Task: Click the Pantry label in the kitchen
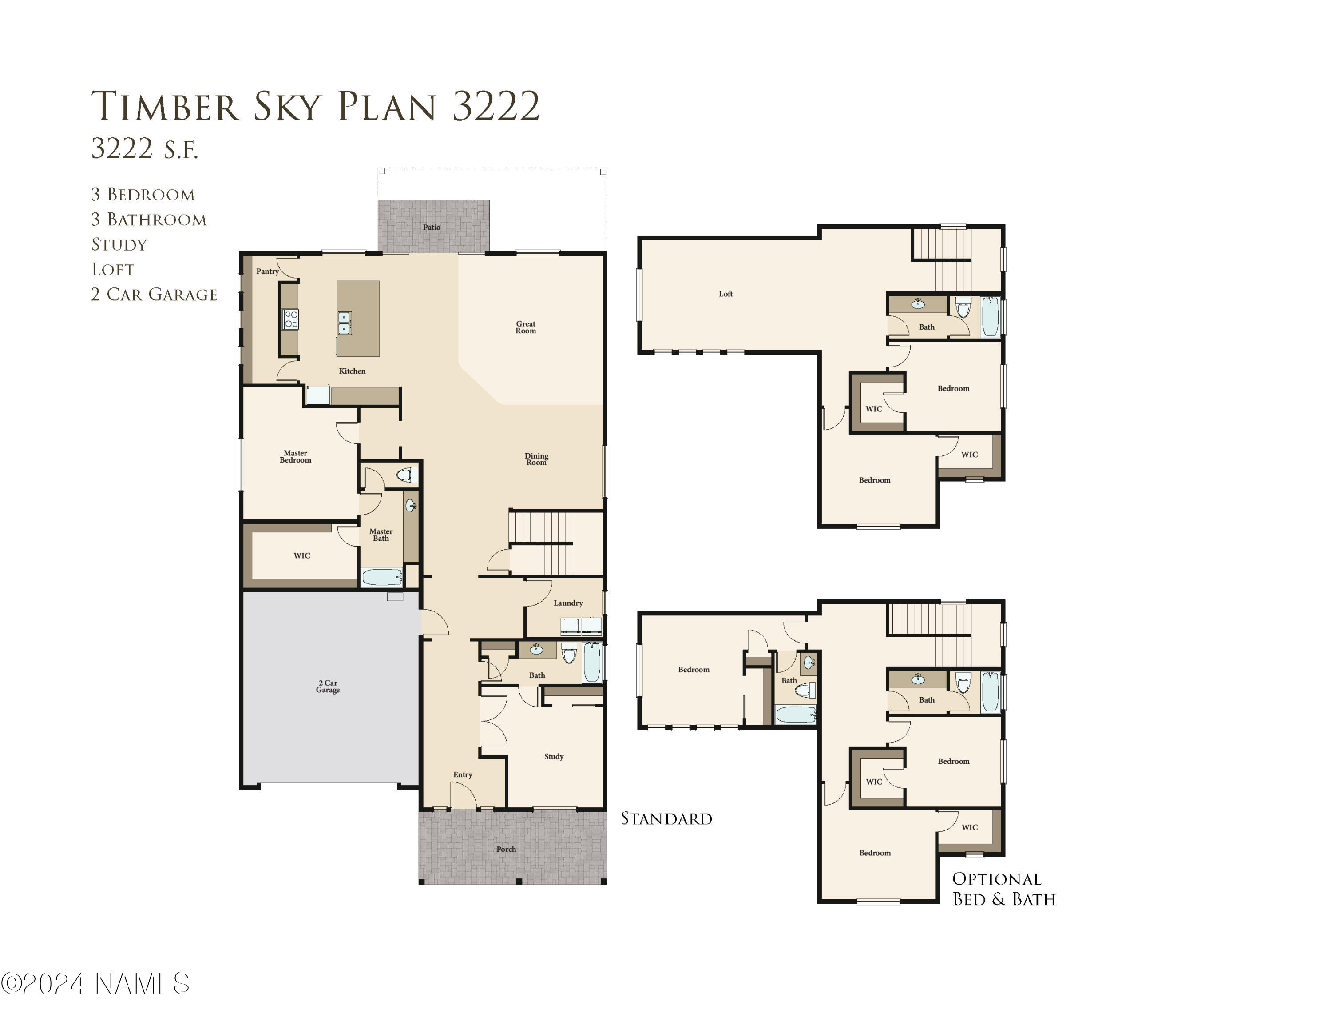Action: [x=267, y=271]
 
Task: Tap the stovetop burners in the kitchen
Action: [x=291, y=319]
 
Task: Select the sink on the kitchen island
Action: [x=345, y=323]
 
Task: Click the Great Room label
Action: [x=526, y=327]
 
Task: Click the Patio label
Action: [x=432, y=227]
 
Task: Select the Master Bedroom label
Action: [x=295, y=456]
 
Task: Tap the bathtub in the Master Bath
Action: [x=382, y=577]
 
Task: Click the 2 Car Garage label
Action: [x=328, y=687]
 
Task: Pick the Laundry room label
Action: [x=568, y=603]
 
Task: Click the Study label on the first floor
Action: [x=554, y=757]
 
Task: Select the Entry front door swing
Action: [x=463, y=796]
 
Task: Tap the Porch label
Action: [x=506, y=850]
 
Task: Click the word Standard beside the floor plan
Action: [x=666, y=819]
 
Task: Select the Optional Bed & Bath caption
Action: [x=1003, y=889]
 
